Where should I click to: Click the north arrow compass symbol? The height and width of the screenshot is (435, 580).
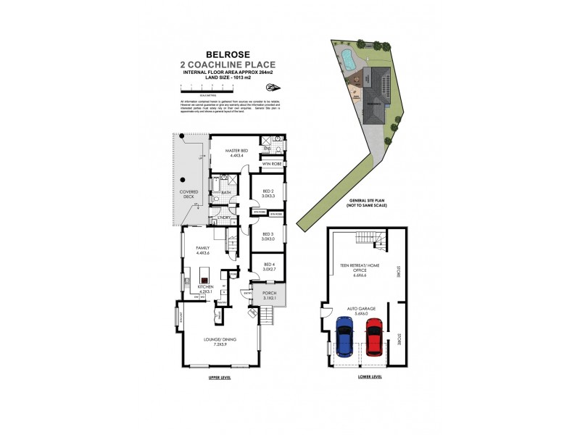(x=272, y=88)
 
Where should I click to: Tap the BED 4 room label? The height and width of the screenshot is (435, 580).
(x=268, y=266)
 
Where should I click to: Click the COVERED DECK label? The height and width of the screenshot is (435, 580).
(x=190, y=194)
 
